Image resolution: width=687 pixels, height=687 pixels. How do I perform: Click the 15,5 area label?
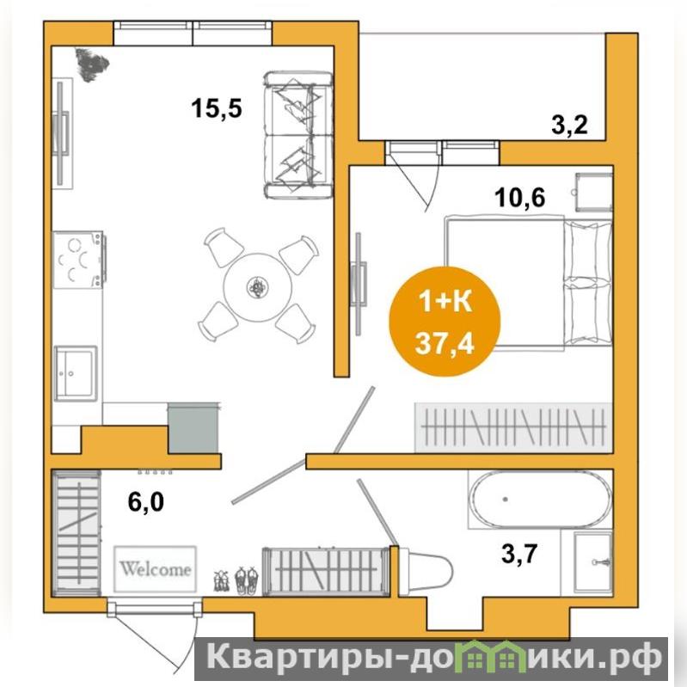[217, 107]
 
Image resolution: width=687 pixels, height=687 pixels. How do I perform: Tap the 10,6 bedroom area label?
[520, 197]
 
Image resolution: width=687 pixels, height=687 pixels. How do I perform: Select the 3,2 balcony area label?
[569, 126]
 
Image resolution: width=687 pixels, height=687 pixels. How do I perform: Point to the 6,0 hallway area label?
[146, 501]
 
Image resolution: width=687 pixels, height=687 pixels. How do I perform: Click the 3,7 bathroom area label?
[519, 554]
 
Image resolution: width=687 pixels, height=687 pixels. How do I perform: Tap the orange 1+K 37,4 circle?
[445, 322]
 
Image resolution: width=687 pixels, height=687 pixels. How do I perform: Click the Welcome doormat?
[155, 568]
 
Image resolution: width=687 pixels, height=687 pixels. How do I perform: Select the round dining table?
[258, 287]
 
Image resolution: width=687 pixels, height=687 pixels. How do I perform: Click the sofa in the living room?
[298, 135]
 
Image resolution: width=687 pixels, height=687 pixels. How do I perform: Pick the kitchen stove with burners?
[79, 260]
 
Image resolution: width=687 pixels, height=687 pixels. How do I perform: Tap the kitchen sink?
[76, 373]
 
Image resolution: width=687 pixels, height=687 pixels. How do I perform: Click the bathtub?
[540, 500]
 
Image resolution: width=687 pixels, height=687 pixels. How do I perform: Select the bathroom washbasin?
[592, 562]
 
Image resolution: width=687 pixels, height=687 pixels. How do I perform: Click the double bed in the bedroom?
[528, 283]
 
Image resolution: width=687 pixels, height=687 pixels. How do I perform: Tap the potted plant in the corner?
[91, 64]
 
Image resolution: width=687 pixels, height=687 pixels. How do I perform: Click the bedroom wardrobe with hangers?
[513, 427]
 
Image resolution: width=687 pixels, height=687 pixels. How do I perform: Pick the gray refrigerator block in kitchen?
[193, 428]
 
